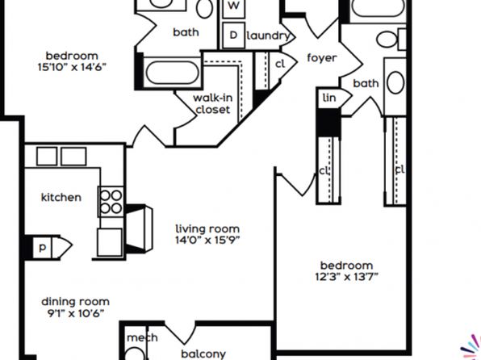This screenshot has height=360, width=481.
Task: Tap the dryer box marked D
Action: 234,35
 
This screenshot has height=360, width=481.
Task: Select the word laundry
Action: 268,36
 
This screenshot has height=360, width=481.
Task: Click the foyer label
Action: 322,57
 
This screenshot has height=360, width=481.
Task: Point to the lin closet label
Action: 329,98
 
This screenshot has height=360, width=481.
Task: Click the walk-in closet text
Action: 212,104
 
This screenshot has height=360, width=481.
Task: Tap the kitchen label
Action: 61,197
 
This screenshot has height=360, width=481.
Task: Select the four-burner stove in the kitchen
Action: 111,201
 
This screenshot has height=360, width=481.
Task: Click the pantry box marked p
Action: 42,247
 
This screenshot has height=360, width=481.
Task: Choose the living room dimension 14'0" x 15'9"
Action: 207,240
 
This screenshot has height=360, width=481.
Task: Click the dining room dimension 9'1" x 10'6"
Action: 76,313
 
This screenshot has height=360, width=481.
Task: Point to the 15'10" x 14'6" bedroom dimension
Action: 72,67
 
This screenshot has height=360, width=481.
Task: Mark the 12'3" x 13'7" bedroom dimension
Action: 347,277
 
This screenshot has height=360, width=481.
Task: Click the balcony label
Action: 203,354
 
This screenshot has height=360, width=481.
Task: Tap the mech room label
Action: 142,338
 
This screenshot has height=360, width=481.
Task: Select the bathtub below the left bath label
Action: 173,73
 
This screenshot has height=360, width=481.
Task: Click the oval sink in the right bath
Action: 395,83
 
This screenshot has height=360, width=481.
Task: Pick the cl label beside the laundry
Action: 280,64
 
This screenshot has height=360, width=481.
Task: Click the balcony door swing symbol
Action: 181,333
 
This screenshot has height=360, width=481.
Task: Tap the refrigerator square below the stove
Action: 110,242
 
